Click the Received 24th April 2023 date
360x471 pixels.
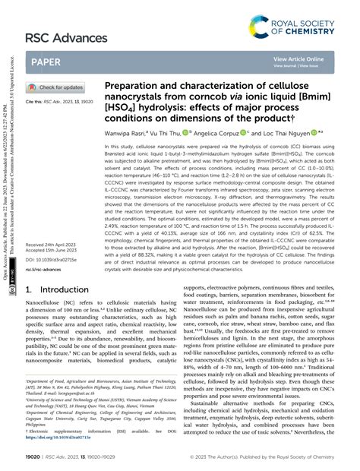54,223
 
